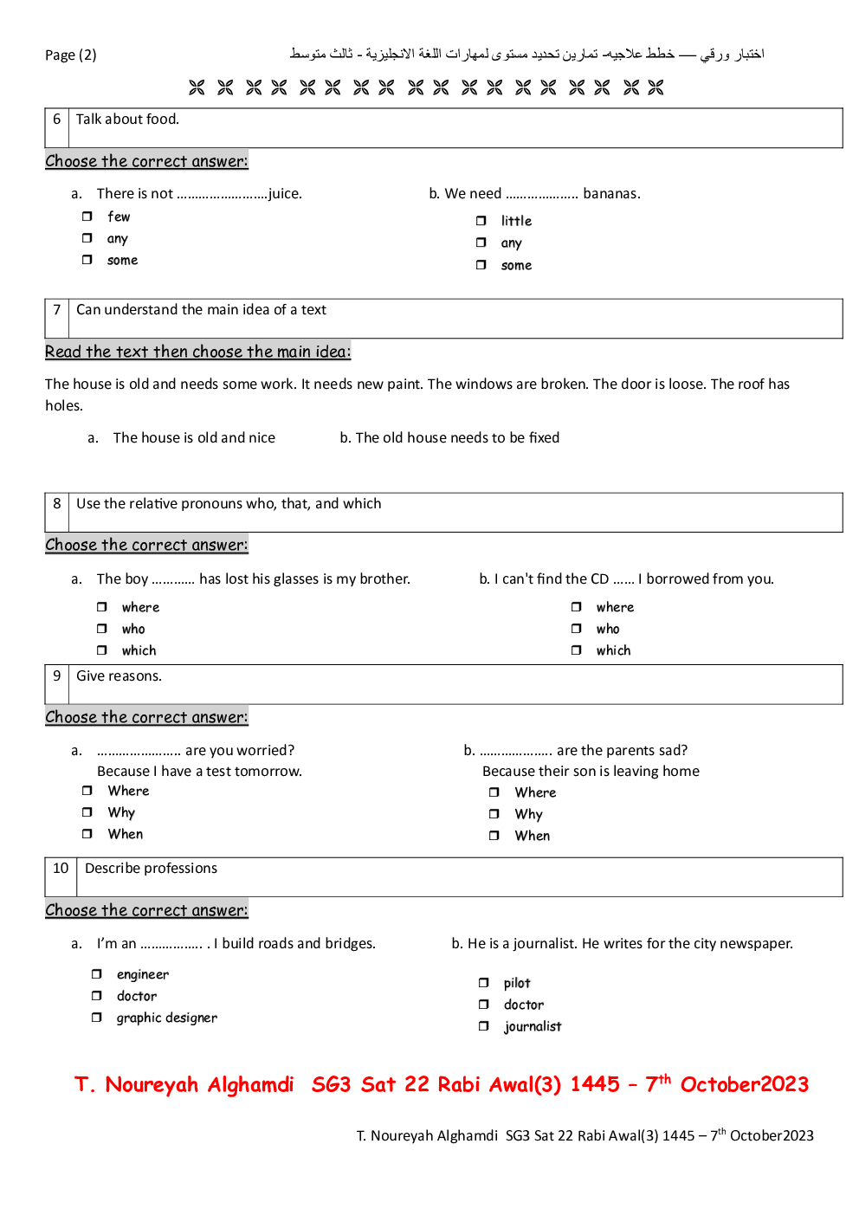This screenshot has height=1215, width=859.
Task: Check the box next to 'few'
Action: pos(87,217)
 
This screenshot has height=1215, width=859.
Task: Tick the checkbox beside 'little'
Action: pos(481,221)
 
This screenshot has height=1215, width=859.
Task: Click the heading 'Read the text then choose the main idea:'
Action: pos(197,352)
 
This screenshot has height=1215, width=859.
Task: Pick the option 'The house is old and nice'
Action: pos(194,438)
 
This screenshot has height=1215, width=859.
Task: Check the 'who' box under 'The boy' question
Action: pos(101,629)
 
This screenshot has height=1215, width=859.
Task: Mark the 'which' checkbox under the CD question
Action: pos(576,650)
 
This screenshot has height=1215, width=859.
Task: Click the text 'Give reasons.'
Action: pos(119,676)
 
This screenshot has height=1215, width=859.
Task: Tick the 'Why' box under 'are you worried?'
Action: pos(87,812)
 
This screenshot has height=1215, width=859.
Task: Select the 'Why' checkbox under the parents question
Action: pos(494,814)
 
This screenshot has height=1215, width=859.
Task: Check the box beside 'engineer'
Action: pos(96,974)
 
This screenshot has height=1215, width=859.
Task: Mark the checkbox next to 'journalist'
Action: pos(483,1026)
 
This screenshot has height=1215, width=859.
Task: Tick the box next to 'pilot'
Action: pos(483,983)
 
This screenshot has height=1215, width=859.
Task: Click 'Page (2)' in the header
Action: pos(71,55)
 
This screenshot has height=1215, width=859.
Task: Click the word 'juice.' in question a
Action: pos(285,194)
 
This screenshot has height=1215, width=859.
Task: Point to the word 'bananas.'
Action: pos(611,194)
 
